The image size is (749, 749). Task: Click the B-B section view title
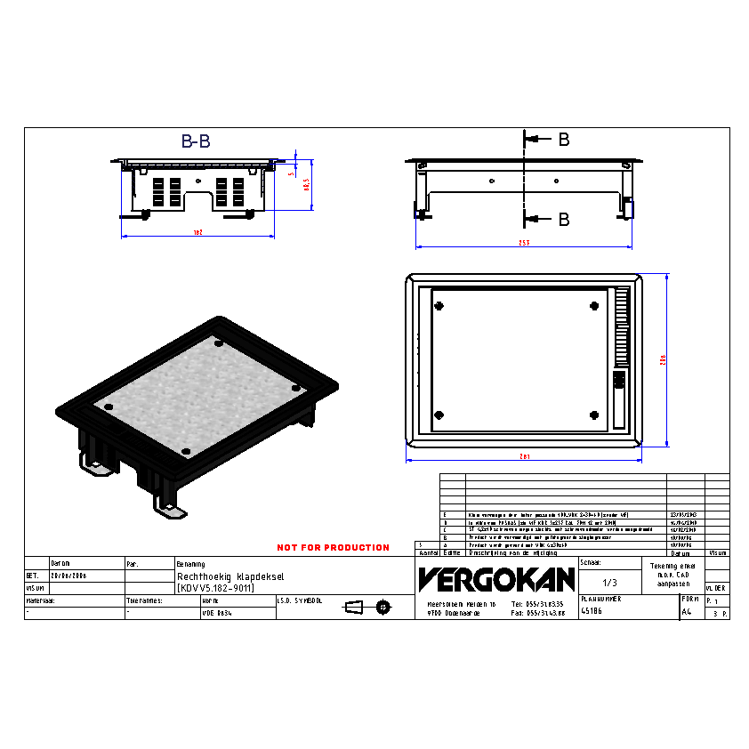(x=196, y=141)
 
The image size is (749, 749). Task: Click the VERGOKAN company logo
(x=496, y=579)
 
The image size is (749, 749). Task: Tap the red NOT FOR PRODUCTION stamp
(x=333, y=547)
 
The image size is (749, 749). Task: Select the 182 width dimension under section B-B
(x=198, y=232)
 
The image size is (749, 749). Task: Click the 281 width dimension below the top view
(x=524, y=456)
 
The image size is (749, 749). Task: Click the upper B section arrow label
(x=563, y=140)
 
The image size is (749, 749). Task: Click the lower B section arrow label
(x=563, y=220)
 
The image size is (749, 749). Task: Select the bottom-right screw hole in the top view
(x=594, y=415)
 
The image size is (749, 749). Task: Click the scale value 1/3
(x=609, y=583)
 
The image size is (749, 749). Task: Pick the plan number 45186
(x=592, y=612)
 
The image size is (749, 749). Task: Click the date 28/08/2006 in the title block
(x=68, y=576)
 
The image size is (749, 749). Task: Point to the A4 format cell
(x=686, y=612)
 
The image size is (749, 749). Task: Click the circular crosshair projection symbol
(x=383, y=607)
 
